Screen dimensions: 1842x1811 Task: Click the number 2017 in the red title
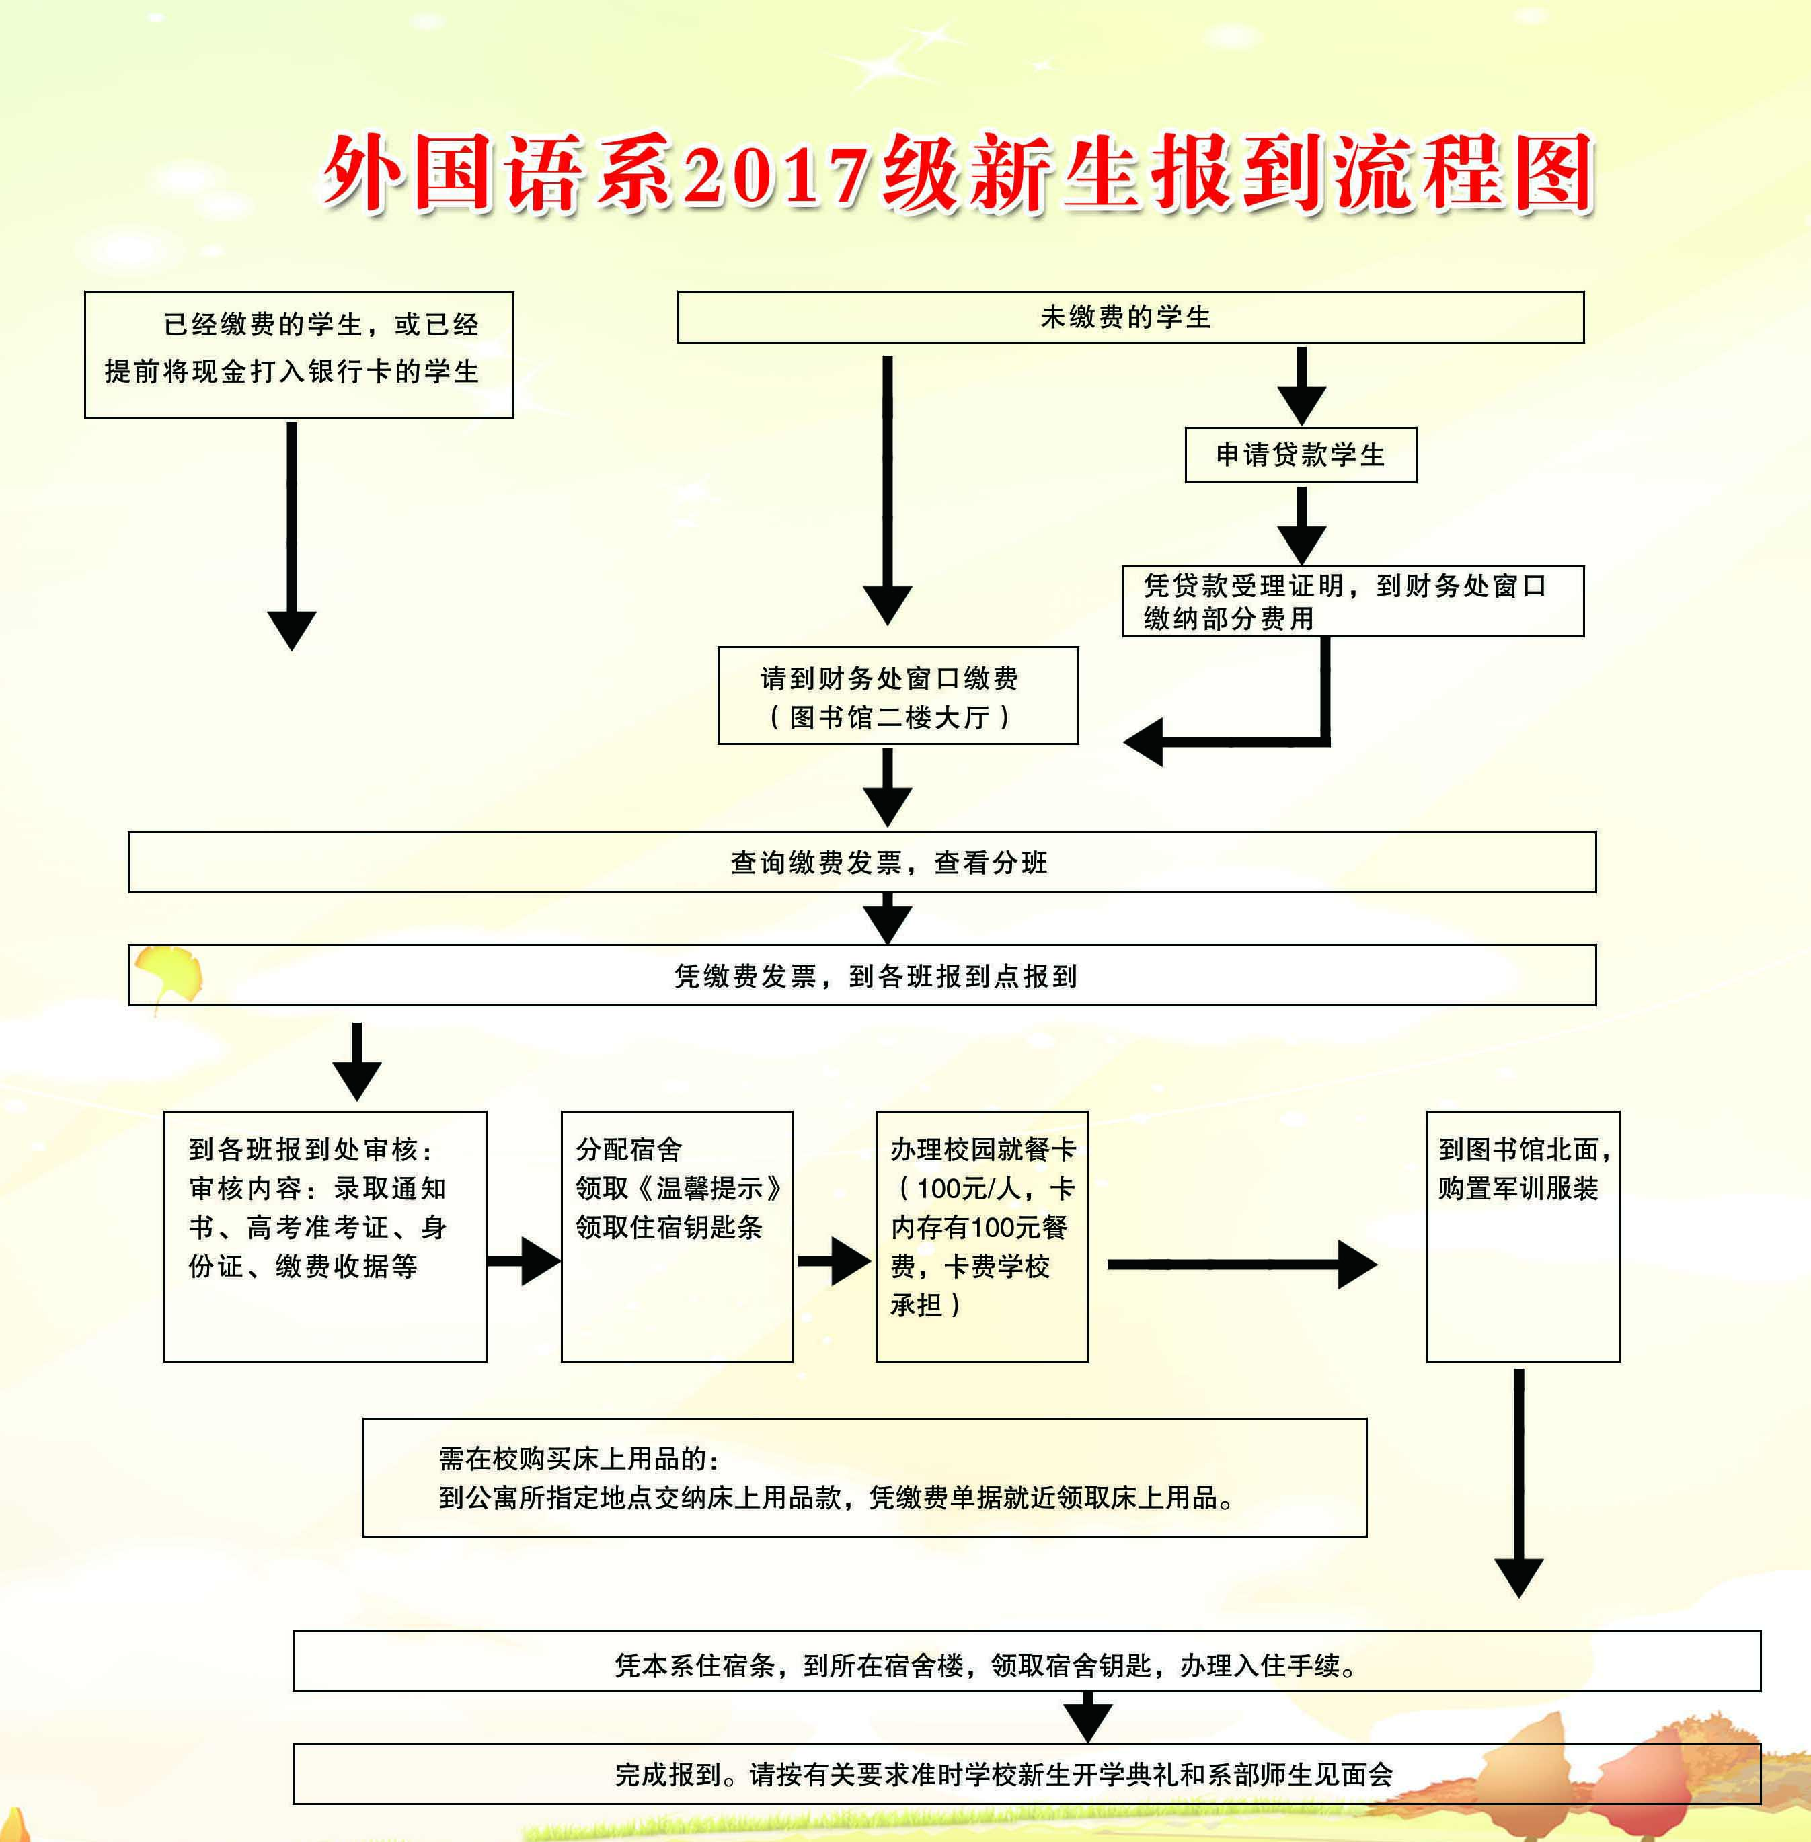pyautogui.click(x=775, y=176)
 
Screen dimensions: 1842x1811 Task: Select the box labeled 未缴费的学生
pyautogui.click(x=1130, y=317)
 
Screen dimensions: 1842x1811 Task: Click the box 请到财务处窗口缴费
pyautogui.click(x=897, y=695)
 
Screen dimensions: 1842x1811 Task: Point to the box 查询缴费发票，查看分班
pyautogui.click(x=861, y=862)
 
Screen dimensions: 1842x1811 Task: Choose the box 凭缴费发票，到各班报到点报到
pyautogui.click(x=861, y=975)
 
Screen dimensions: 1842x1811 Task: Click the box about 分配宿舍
pyautogui.click(x=677, y=1236)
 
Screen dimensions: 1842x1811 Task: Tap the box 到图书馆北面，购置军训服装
pyautogui.click(x=1522, y=1236)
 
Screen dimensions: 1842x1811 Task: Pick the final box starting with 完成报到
pyautogui.click(x=1026, y=1773)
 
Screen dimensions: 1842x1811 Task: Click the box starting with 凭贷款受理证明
pyautogui.click(x=1352, y=601)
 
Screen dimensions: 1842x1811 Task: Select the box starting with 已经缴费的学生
pyautogui.click(x=299, y=355)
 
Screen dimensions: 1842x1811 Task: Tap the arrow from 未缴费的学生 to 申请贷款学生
pyautogui.click(x=1301, y=385)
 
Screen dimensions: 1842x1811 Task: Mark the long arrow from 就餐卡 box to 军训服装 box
pyautogui.click(x=1241, y=1264)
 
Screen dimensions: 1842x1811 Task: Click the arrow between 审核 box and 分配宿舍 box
pyautogui.click(x=524, y=1262)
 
